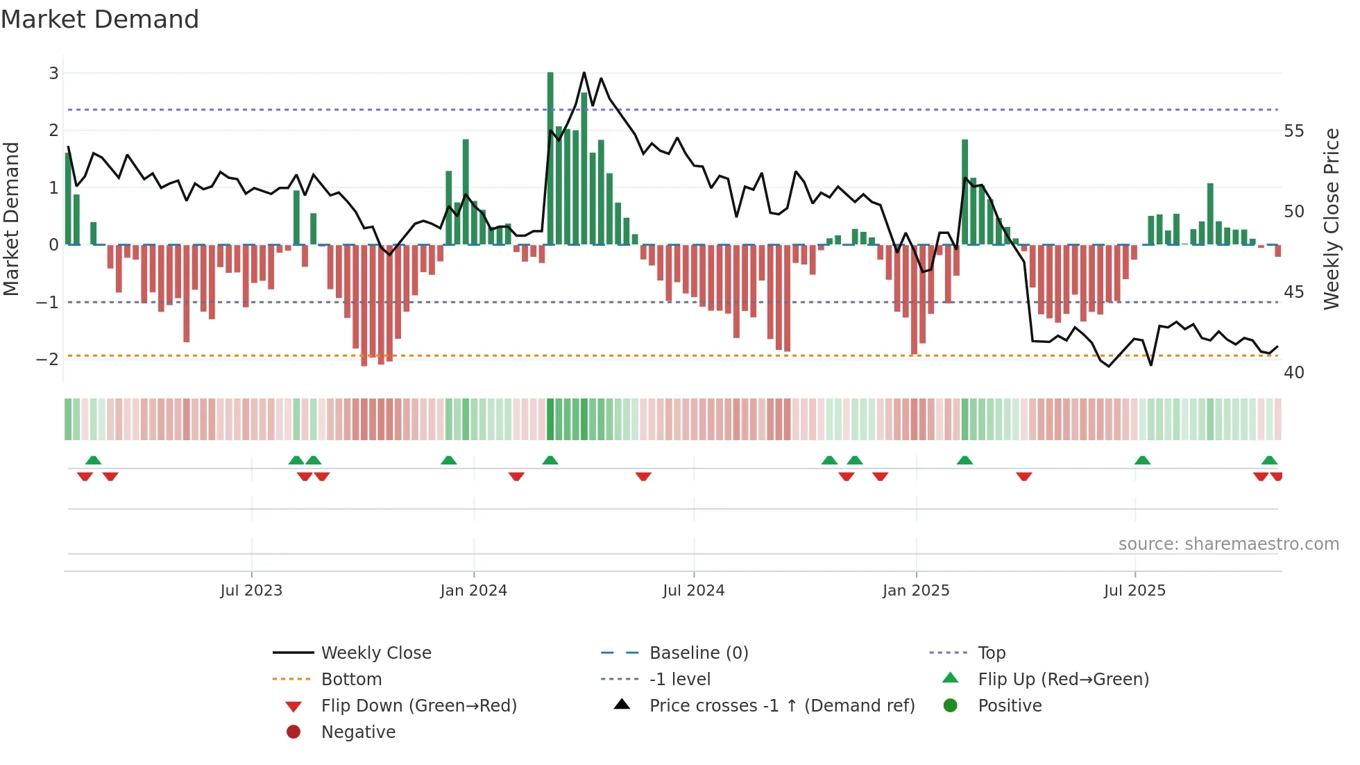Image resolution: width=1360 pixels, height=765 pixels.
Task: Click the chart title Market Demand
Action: click(x=100, y=19)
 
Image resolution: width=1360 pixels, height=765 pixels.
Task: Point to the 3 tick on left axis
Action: click(x=53, y=73)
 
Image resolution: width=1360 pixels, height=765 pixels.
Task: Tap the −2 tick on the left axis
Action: click(x=47, y=359)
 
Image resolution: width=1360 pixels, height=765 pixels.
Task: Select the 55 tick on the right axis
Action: click(x=1293, y=131)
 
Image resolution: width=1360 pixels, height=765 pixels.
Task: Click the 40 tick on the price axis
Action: click(x=1293, y=373)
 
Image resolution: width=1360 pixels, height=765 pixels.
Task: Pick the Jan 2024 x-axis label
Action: click(x=473, y=591)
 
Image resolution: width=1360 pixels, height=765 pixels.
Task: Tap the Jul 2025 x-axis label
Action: click(x=1134, y=591)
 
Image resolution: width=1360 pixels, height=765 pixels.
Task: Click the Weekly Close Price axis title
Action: click(x=1331, y=219)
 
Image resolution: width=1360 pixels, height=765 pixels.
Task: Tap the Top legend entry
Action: click(x=991, y=653)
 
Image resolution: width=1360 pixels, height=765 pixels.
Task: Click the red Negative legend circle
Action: click(x=294, y=732)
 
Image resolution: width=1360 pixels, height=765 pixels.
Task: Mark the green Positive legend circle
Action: click(x=951, y=706)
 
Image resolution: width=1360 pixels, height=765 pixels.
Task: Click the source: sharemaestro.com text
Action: click(x=1228, y=544)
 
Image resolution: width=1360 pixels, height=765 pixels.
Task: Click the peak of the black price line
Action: click(x=584, y=73)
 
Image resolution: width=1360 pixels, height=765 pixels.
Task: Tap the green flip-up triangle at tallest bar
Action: click(x=550, y=460)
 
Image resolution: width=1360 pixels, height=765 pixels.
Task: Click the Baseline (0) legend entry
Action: click(x=698, y=653)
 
